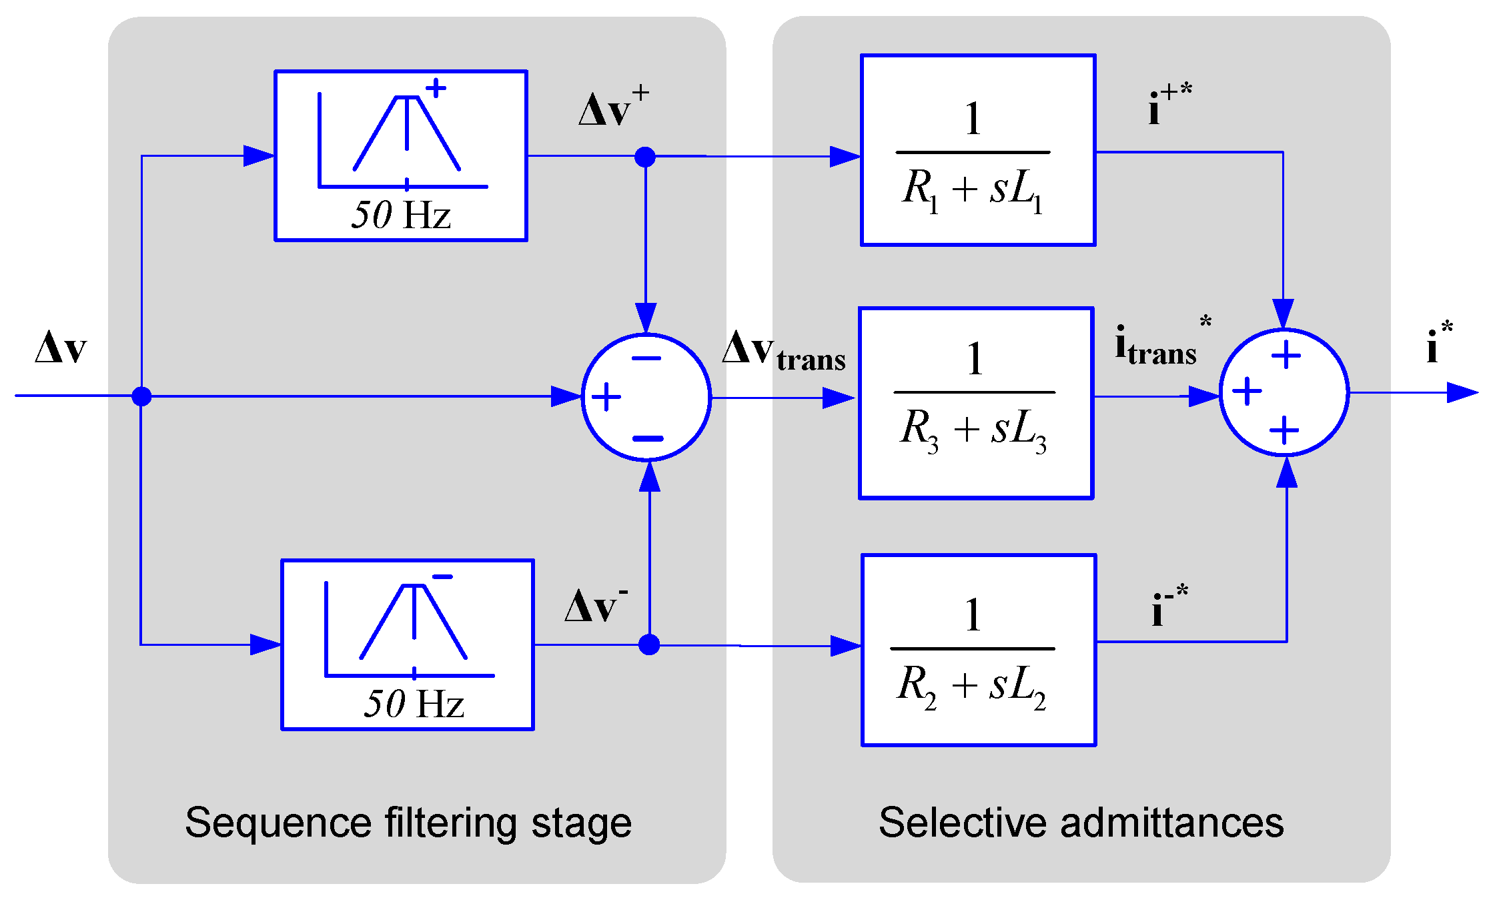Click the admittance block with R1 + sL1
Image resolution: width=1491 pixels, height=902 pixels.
click(978, 150)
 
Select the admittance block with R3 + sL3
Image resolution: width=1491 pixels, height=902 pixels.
click(976, 403)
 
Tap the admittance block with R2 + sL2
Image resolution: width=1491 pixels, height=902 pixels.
click(979, 650)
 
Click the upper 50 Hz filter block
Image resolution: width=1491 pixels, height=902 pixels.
click(401, 155)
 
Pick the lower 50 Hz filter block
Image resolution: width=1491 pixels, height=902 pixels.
click(408, 644)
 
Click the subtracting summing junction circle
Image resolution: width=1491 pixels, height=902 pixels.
click(646, 397)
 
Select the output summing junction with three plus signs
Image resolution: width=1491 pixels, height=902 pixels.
click(1284, 393)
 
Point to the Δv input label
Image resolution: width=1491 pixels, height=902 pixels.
click(61, 347)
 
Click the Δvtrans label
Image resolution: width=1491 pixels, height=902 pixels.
click(784, 350)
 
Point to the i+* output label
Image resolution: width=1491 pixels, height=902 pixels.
click(1170, 103)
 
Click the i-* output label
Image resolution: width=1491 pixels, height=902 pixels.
click(1169, 604)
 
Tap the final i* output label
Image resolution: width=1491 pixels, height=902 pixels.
click(1440, 342)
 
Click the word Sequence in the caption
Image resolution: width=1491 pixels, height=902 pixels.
click(278, 822)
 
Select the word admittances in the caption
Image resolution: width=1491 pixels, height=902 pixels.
click(1171, 822)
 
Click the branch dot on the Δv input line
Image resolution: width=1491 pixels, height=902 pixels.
click(141, 396)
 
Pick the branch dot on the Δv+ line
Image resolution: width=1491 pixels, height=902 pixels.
click(645, 157)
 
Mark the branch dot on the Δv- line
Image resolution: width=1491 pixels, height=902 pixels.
click(649, 644)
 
